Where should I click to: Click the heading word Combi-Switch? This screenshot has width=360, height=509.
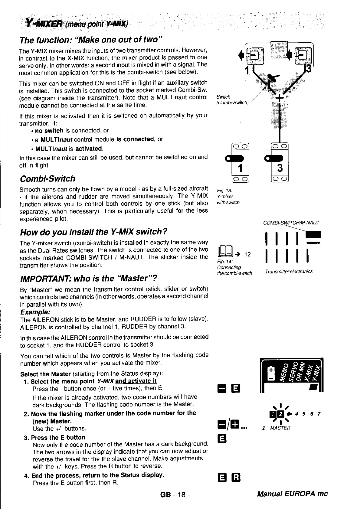coord(47,178)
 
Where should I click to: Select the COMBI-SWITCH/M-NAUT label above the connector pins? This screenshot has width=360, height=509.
coord(291,223)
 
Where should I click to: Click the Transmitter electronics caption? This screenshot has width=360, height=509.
coord(289,272)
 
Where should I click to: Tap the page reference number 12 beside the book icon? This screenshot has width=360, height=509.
coord(247,254)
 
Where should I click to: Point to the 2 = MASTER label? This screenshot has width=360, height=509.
coord(276,428)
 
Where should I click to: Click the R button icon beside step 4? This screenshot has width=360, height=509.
coord(236,478)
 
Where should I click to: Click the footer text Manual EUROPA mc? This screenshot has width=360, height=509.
coord(292,494)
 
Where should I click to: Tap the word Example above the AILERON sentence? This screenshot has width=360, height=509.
coord(35,312)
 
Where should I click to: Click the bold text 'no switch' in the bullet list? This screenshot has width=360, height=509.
coord(49,131)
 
